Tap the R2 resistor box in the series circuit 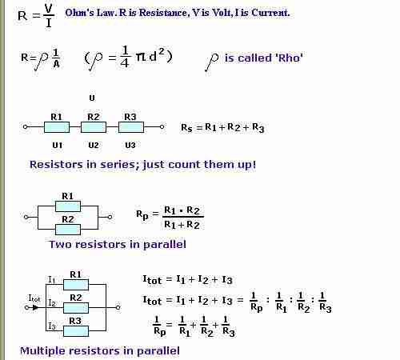(x=94, y=127)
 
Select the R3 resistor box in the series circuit (x=130, y=127)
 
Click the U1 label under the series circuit (x=58, y=146)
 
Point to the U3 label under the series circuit (x=130, y=146)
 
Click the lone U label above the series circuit (x=92, y=98)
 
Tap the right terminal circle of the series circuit (x=162, y=127)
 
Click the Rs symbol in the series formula (x=186, y=128)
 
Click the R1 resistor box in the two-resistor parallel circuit (x=68, y=206)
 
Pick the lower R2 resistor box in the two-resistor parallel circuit (x=68, y=230)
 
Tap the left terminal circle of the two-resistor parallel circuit (x=26, y=217)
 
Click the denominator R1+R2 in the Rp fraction (x=182, y=225)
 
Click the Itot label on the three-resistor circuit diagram (x=34, y=298)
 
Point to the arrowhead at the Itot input (x=35, y=308)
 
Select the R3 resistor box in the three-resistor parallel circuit (x=76, y=331)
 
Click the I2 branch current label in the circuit (x=52, y=302)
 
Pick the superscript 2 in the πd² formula (x=161, y=50)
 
